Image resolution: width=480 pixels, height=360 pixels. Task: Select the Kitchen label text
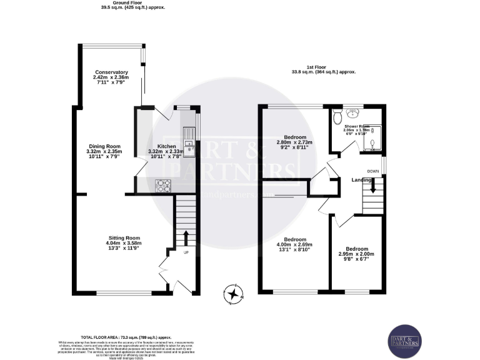click(x=166, y=146)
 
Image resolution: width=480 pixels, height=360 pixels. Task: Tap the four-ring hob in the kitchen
click(x=163, y=186)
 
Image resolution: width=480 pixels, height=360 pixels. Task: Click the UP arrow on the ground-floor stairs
click(x=186, y=238)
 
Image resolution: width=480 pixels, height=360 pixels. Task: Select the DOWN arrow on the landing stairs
click(x=373, y=185)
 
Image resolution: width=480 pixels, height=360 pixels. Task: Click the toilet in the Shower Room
click(x=337, y=115)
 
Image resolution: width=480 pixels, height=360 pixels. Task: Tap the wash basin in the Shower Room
click(x=354, y=112)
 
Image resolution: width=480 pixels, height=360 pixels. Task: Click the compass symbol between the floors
click(x=234, y=294)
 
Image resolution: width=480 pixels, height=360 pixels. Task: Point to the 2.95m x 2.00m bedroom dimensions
click(x=357, y=254)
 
